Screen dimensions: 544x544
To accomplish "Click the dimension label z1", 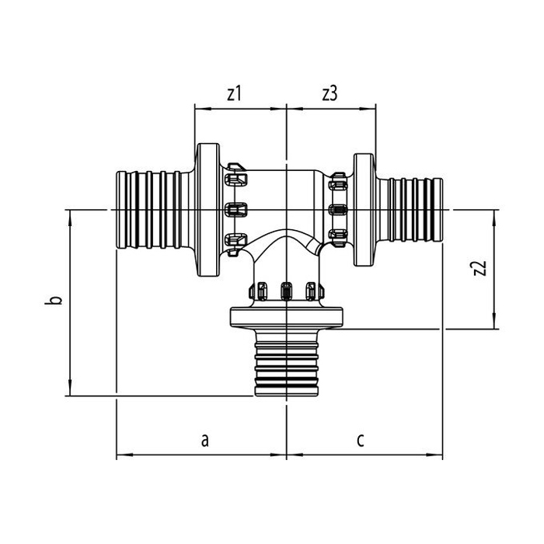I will pos(234,94).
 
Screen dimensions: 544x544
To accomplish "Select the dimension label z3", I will pos(330,94).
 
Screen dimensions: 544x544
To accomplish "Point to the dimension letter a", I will pos(204,440).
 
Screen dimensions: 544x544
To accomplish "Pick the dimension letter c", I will pos(361,440).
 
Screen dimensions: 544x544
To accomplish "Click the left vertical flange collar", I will pos(207,210).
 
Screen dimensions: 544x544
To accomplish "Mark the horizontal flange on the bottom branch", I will pos(287,317).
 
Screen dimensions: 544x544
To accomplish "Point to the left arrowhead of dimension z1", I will pos(198,109).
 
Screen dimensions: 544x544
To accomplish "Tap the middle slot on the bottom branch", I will pos(287,291).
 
